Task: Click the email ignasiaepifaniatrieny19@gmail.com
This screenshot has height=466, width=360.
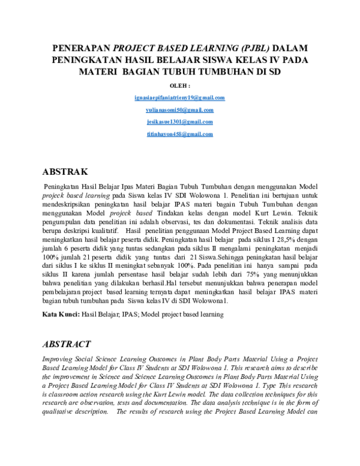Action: (x=180, y=98)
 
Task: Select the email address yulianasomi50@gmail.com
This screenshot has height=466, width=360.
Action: (x=180, y=110)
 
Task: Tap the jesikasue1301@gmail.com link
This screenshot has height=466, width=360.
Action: (x=180, y=123)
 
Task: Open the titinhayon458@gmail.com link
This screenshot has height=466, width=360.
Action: (x=180, y=135)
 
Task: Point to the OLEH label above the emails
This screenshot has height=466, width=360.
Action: (x=180, y=86)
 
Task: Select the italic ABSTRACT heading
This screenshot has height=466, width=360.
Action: (x=66, y=345)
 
